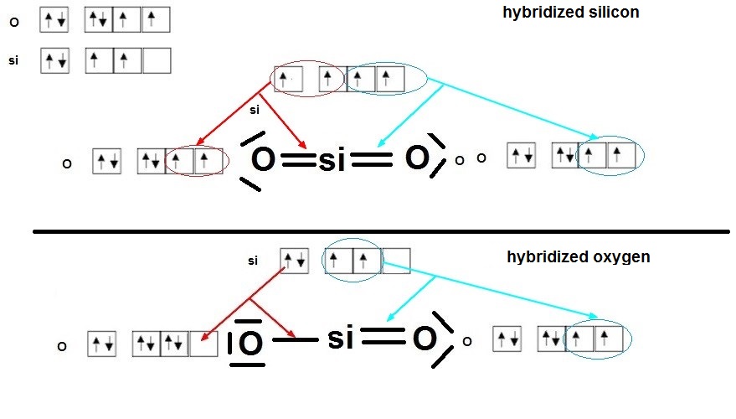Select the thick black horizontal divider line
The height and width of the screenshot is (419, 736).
(x=381, y=230)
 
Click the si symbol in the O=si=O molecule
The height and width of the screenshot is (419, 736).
(x=332, y=161)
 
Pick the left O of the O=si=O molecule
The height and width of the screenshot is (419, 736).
(x=263, y=160)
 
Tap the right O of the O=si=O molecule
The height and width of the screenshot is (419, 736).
(x=416, y=158)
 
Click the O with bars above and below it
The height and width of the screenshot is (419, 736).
(x=249, y=343)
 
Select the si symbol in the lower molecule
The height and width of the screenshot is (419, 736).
(x=341, y=339)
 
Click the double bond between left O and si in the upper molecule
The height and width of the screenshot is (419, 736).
(x=295, y=161)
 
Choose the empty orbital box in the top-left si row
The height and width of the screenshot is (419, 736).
(x=157, y=61)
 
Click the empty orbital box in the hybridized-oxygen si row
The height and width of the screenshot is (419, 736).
(x=396, y=261)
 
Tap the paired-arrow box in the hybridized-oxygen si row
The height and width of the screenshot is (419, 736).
(x=293, y=261)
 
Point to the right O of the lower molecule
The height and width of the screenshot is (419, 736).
(x=425, y=339)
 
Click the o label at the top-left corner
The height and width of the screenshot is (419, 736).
(x=13, y=22)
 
